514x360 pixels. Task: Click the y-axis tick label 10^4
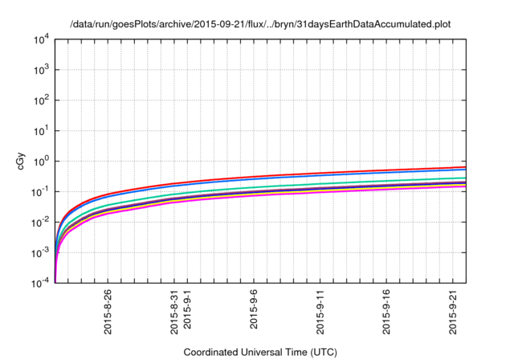coord(42,39)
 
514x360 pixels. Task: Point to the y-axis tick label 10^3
coord(42,69)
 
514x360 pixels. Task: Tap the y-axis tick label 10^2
coord(42,100)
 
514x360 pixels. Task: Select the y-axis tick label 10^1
coord(42,130)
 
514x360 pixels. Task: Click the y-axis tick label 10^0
coord(42,161)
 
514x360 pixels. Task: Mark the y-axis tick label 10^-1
coord(41,191)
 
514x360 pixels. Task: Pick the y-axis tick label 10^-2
coord(41,222)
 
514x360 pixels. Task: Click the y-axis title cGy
coord(21,161)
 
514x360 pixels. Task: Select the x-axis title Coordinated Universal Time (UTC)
coord(260,352)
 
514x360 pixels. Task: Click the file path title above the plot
coord(260,24)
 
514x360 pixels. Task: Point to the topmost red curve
coord(321,174)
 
